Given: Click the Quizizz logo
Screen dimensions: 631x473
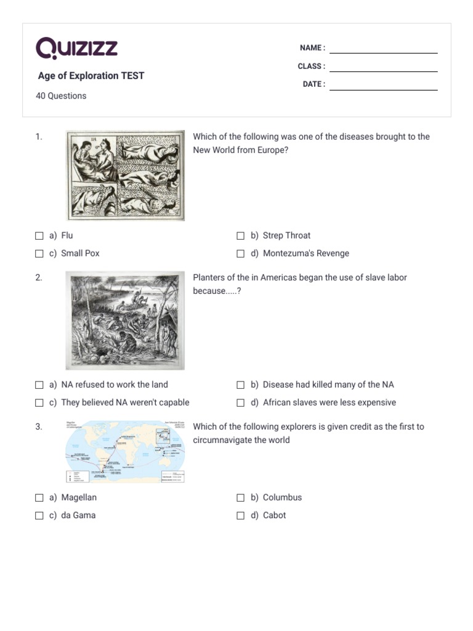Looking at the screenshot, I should (76, 48).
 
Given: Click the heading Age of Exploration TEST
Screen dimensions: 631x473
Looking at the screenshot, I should (91, 76).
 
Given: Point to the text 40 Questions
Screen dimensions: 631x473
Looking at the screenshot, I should (61, 96).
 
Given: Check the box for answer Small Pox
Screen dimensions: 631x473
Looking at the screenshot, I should (39, 253).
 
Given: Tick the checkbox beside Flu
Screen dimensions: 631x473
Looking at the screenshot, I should (39, 235).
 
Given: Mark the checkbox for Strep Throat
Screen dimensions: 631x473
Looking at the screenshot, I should (241, 235).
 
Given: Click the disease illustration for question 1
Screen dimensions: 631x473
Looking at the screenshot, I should (126, 175).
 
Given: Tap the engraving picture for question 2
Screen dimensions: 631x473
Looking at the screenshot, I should (126, 320).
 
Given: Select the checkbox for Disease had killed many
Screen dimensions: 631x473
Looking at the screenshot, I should (241, 385).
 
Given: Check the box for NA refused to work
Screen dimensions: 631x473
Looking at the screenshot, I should (39, 385).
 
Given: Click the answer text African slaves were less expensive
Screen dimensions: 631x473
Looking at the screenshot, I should (329, 402).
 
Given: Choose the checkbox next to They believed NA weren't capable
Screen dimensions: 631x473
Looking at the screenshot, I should (39, 402).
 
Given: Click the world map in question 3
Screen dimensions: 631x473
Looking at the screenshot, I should (126, 452).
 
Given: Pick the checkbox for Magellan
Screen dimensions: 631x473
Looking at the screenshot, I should (39, 497).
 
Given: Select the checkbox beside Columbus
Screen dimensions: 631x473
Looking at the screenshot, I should (241, 497).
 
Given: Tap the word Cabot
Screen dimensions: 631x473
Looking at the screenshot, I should (274, 515).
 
